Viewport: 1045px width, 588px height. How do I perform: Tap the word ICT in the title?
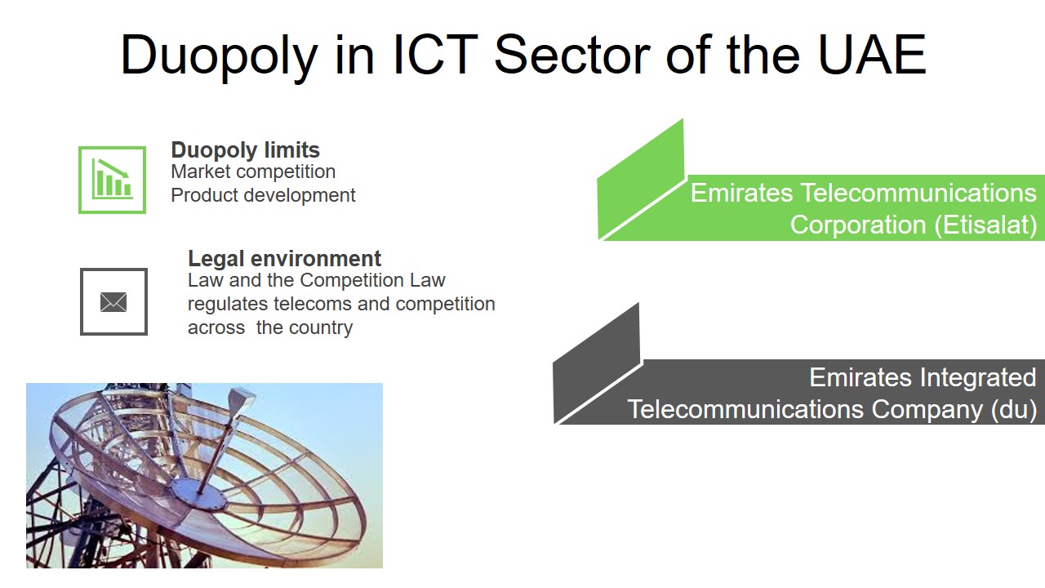pos(435,54)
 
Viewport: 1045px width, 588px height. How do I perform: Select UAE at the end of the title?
pos(872,54)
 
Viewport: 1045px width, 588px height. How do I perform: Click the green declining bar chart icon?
pos(112,180)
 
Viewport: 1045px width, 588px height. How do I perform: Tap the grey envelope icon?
pos(113,302)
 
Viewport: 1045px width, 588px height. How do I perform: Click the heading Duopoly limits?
pos(246,150)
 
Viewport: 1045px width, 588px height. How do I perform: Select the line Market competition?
pos(253,171)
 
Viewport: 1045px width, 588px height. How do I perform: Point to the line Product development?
pos(263,195)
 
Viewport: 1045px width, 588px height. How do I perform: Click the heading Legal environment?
pos(285,259)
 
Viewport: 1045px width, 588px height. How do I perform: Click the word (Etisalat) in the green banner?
pos(985,225)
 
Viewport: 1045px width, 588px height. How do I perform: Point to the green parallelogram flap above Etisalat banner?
pos(641,179)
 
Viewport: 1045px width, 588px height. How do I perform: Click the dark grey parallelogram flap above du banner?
pos(596,363)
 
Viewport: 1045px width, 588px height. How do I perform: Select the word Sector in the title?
pos(572,54)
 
